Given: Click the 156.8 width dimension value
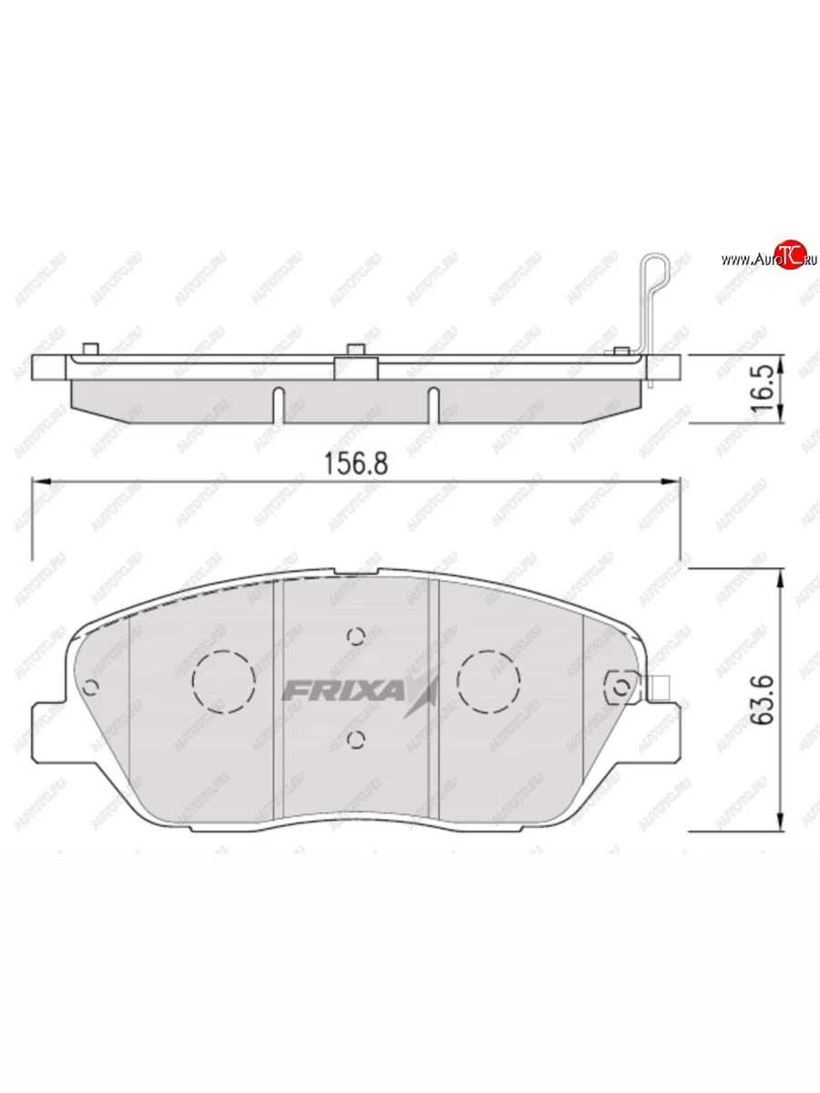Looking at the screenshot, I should pos(356,463).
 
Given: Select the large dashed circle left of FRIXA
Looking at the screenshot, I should pos(223,681).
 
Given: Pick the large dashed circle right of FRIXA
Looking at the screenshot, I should pos(488,681).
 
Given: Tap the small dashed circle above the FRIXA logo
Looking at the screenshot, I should pos(356,635).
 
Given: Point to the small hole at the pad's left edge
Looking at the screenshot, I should pos(90,687).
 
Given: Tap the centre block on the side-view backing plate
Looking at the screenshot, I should pos(356,366).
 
